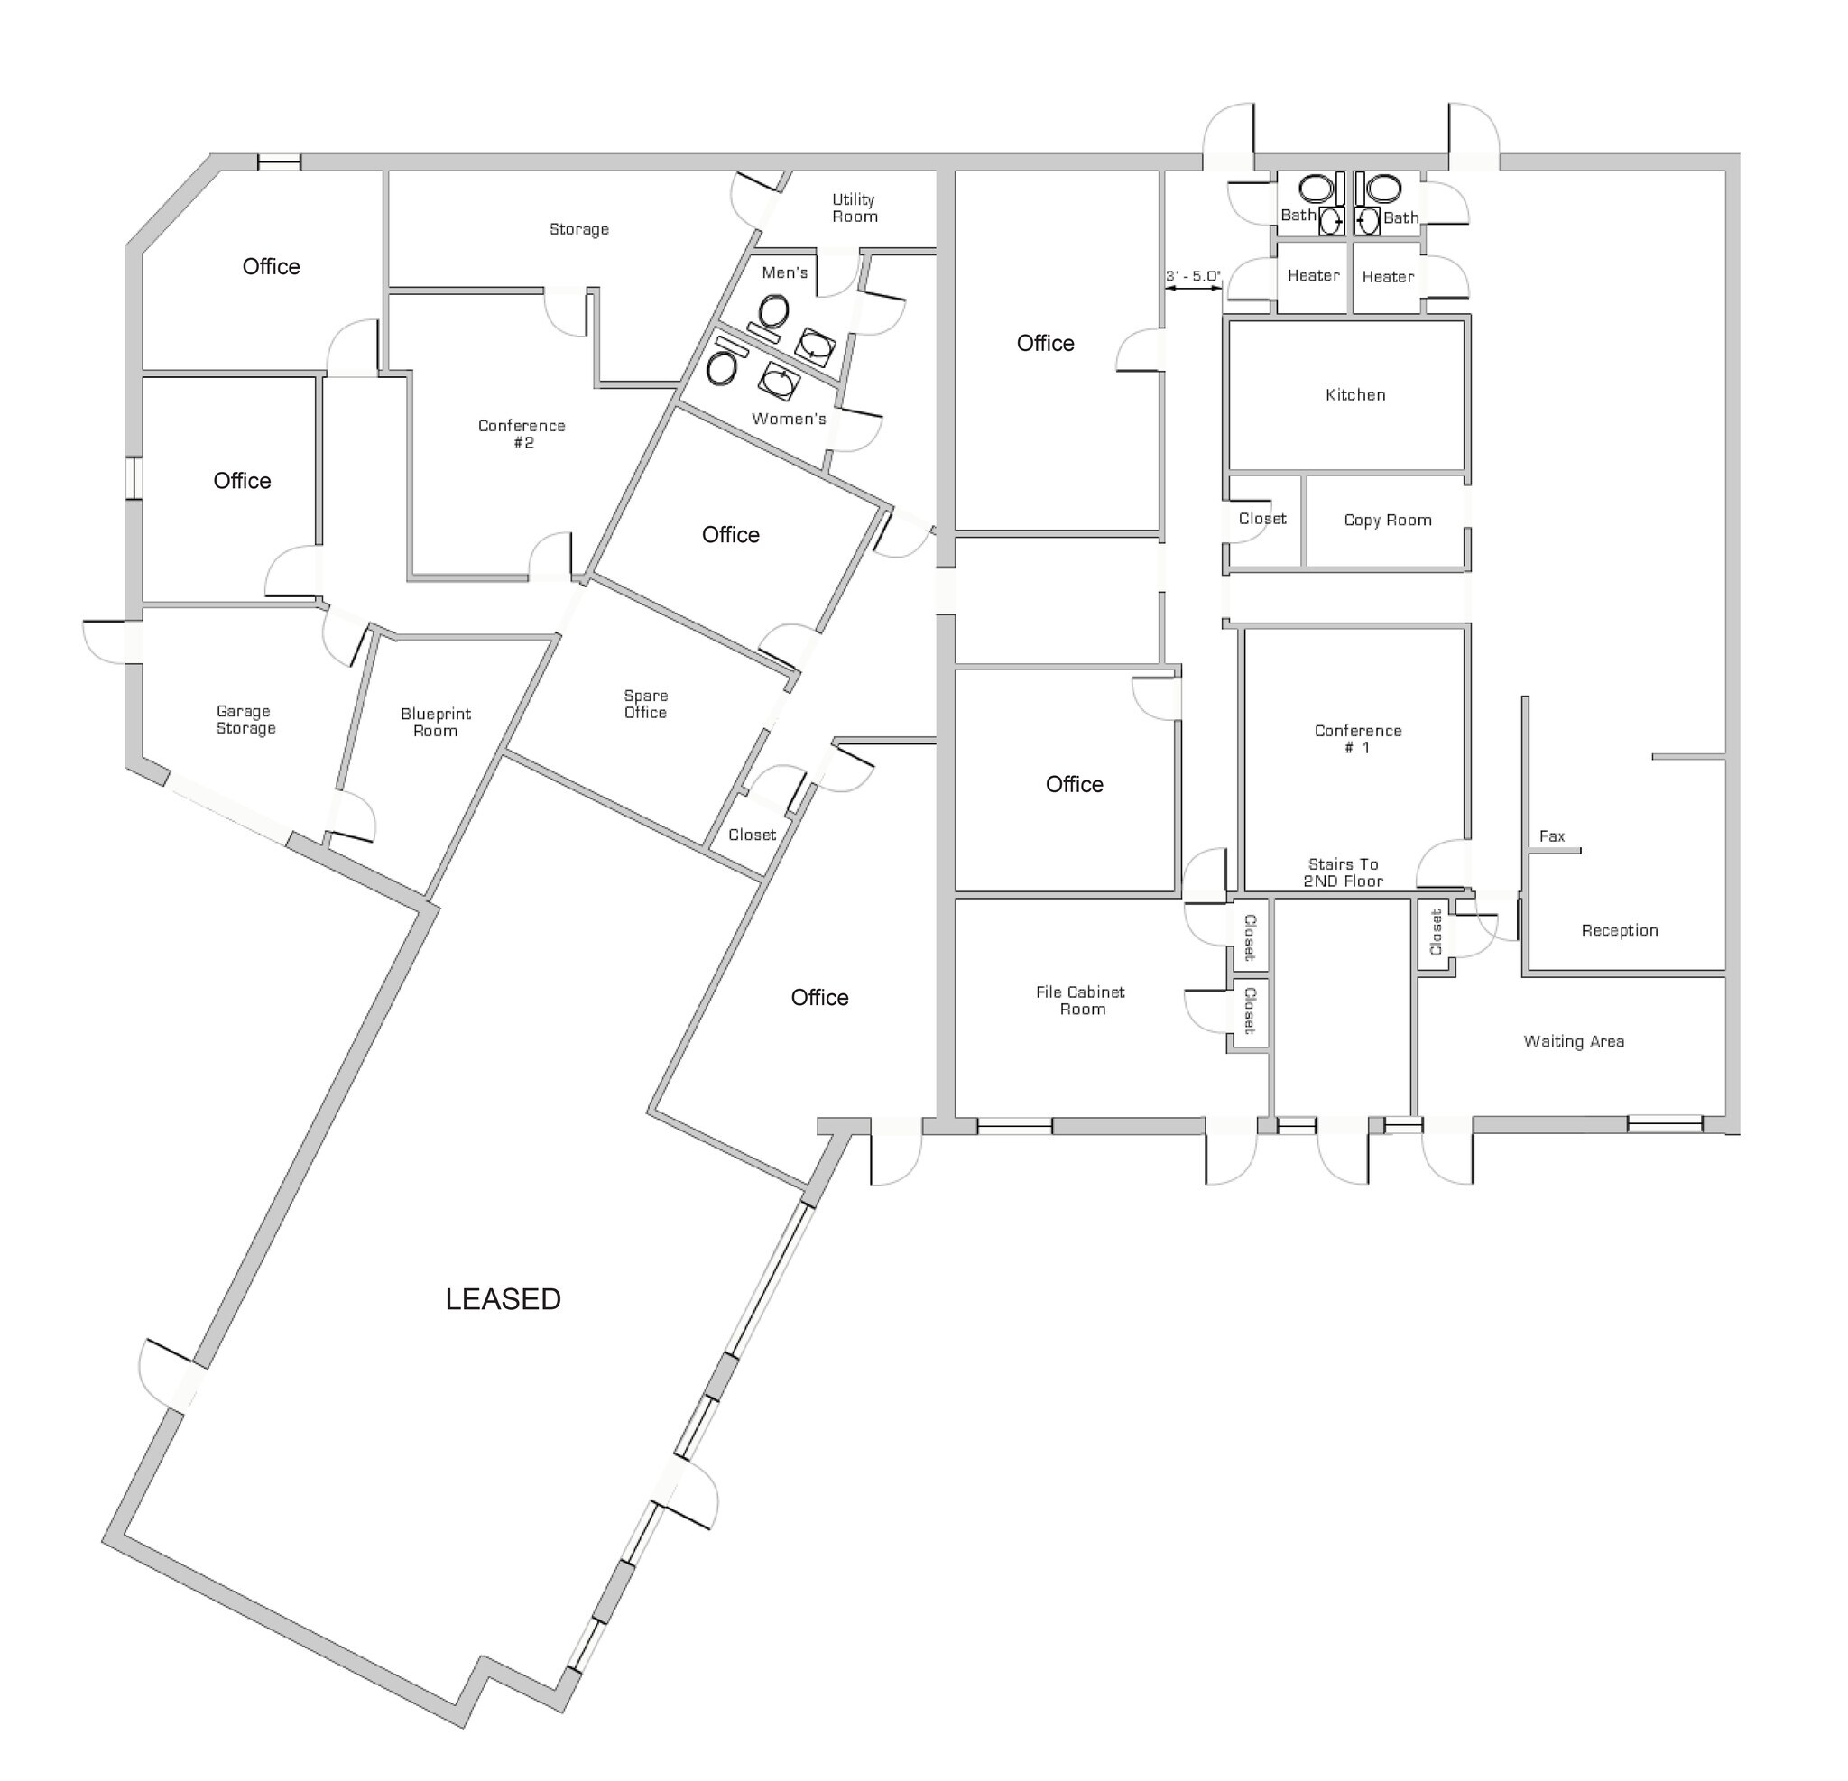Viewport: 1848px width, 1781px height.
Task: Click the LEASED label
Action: tap(503, 1299)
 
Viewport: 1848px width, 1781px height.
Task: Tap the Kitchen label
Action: tap(1355, 395)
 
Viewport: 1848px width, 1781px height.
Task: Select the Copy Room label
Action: tap(1387, 521)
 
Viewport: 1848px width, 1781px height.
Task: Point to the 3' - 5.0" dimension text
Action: tap(1193, 276)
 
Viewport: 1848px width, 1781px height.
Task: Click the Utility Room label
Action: tap(855, 208)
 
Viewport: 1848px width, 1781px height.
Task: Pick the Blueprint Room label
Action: tap(435, 722)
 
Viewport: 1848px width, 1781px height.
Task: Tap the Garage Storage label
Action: tap(245, 719)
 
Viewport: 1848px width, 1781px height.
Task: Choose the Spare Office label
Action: tap(645, 705)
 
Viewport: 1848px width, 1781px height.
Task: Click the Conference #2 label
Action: tap(522, 434)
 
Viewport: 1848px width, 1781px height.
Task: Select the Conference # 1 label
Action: tap(1358, 738)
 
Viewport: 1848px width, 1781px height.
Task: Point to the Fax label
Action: tap(1551, 836)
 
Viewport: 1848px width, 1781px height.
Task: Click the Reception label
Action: tap(1619, 930)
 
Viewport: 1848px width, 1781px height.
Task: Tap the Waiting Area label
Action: tap(1574, 1042)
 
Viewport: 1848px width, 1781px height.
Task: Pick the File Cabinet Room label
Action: tap(1080, 1001)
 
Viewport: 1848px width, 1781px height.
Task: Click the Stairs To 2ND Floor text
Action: tap(1343, 872)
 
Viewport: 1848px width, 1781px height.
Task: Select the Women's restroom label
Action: tap(789, 419)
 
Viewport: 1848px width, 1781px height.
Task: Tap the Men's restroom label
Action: tap(784, 272)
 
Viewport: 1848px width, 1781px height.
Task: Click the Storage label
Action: tap(579, 229)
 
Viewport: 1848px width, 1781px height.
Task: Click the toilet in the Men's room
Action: tap(774, 309)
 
